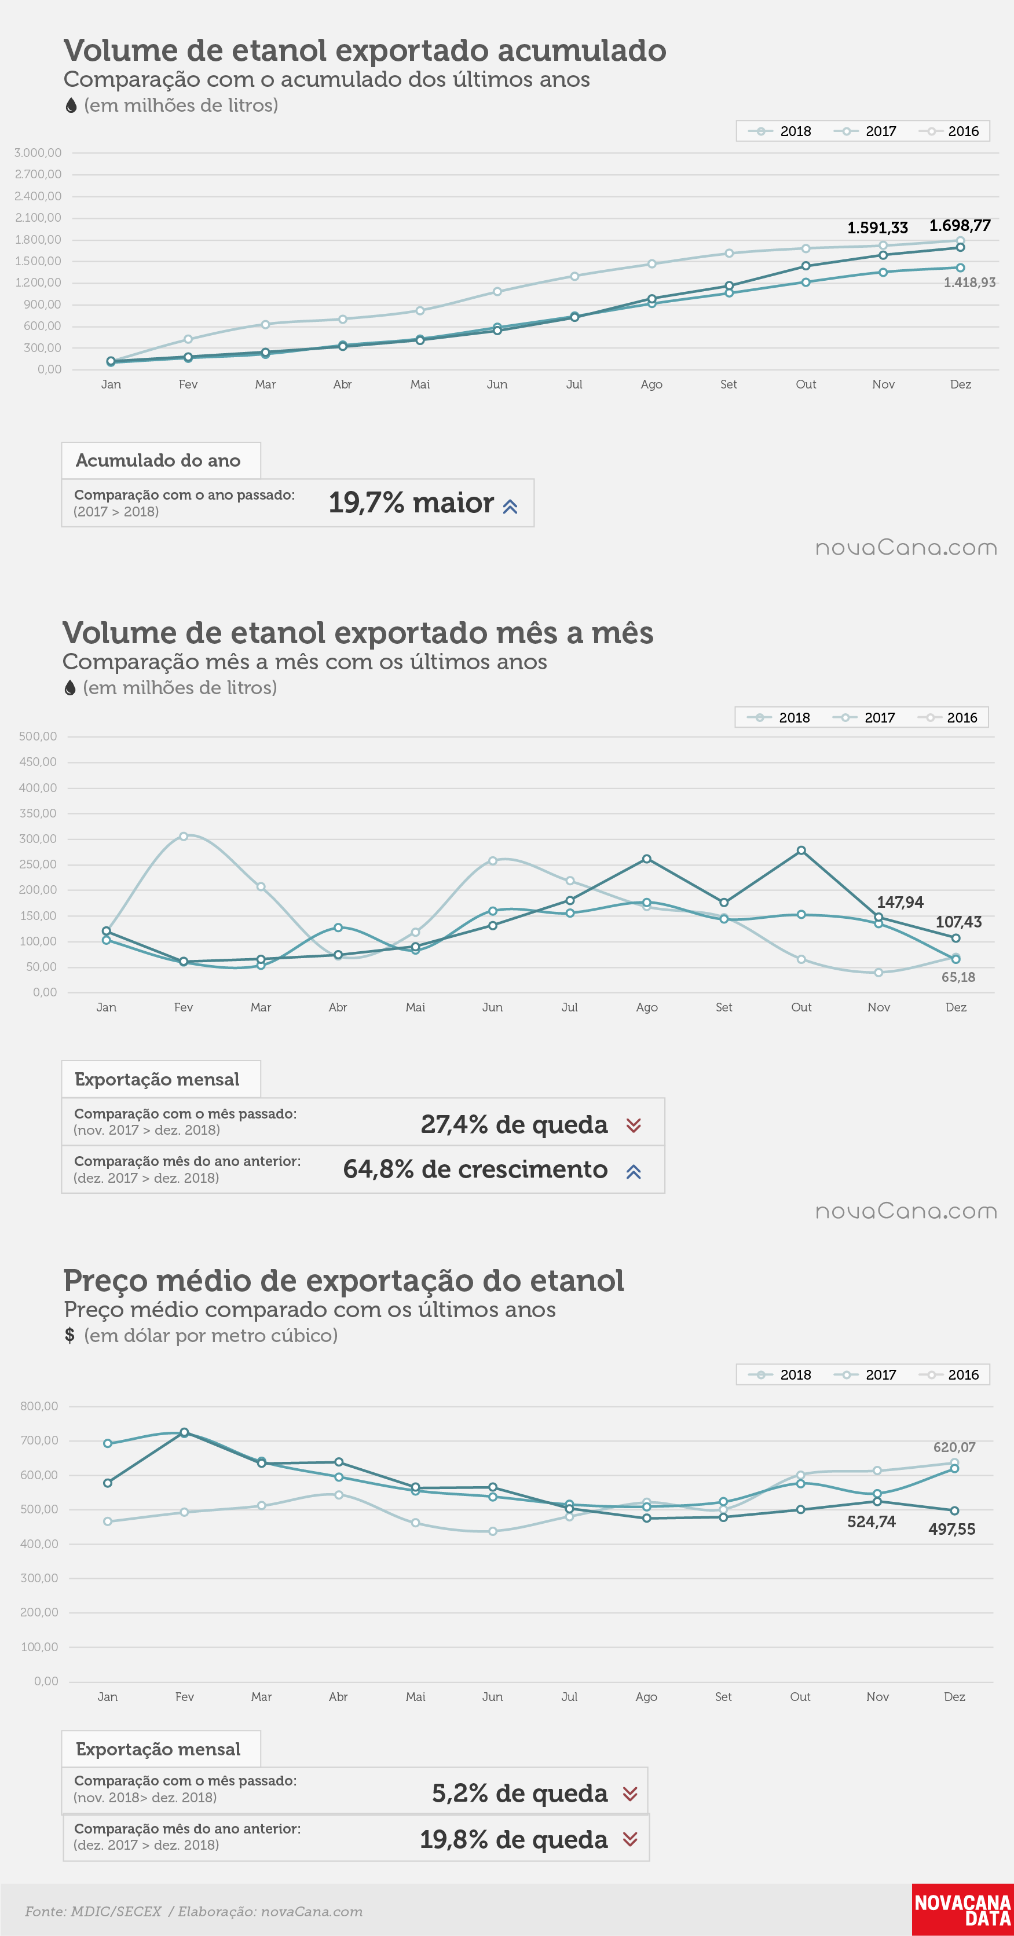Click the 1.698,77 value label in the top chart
point(960,225)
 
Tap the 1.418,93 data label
point(969,283)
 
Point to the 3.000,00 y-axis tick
point(38,153)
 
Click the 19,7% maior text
point(411,502)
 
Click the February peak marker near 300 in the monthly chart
point(184,836)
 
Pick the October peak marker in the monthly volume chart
point(801,850)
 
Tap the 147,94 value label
point(900,902)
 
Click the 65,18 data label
point(958,977)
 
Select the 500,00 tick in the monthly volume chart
point(38,736)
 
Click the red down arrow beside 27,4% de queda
point(634,1125)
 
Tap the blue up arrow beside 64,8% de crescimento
point(634,1171)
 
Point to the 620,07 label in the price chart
point(954,1447)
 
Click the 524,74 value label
point(871,1522)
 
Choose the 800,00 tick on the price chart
point(39,1406)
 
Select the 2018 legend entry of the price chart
point(780,1374)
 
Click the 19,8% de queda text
point(514,1839)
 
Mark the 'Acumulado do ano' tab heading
point(158,460)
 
